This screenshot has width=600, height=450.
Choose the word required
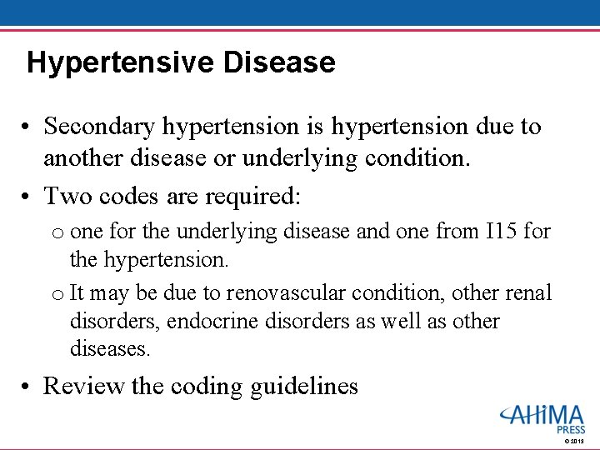[254, 196]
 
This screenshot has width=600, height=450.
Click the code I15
[502, 230]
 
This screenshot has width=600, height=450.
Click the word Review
[82, 386]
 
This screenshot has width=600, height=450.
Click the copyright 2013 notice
[574, 441]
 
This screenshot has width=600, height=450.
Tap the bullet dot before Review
[27, 387]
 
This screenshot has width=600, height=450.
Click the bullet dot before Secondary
[27, 127]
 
